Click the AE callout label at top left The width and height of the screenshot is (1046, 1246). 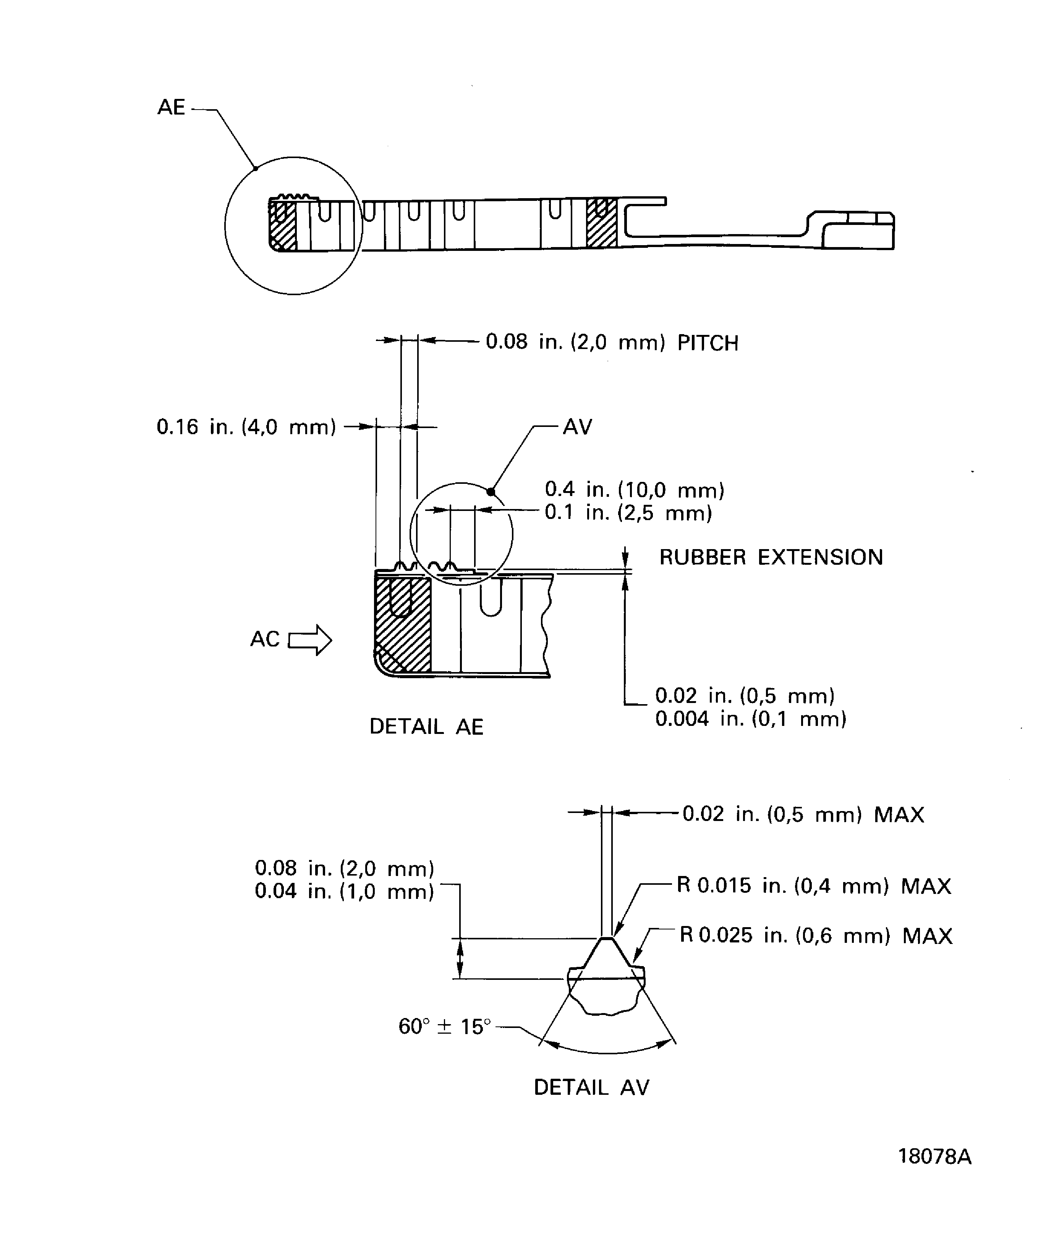171,107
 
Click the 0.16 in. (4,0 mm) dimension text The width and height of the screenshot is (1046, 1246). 246,427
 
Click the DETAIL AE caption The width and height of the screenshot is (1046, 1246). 426,727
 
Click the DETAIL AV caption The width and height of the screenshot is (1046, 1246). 591,1088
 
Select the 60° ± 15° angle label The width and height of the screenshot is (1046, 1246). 445,1026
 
